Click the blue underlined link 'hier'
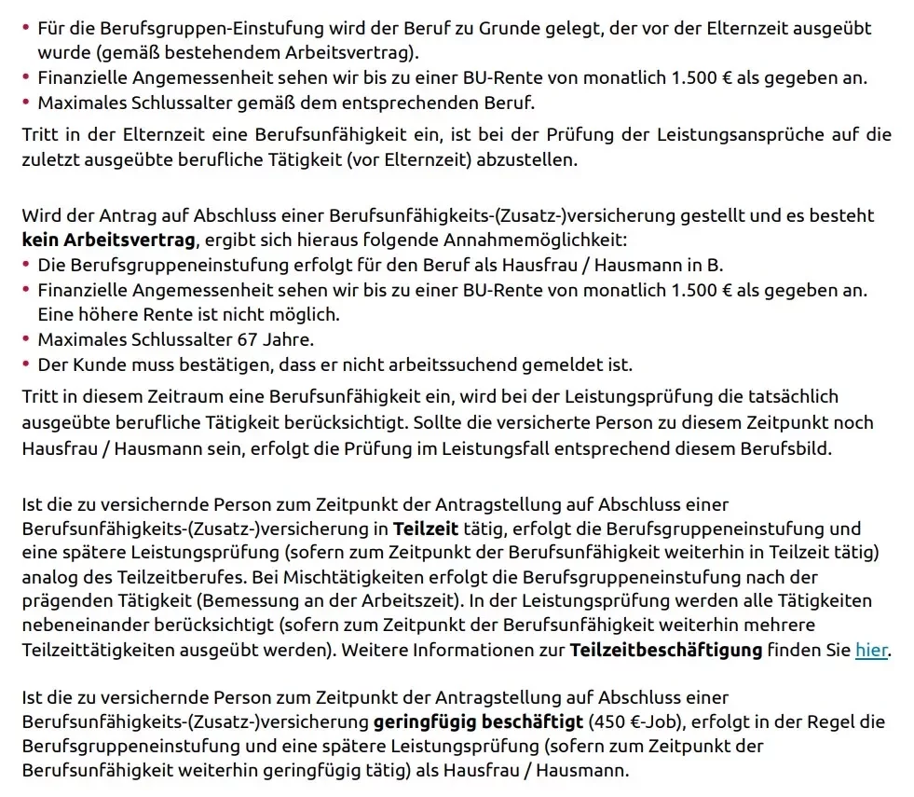[x=871, y=650]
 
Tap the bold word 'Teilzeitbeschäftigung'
[x=666, y=650]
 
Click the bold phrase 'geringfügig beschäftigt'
[x=478, y=722]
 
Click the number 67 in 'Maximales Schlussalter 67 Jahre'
[x=247, y=339]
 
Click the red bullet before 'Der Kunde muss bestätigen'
[x=26, y=364]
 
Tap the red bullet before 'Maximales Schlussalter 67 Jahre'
[x=26, y=339]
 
